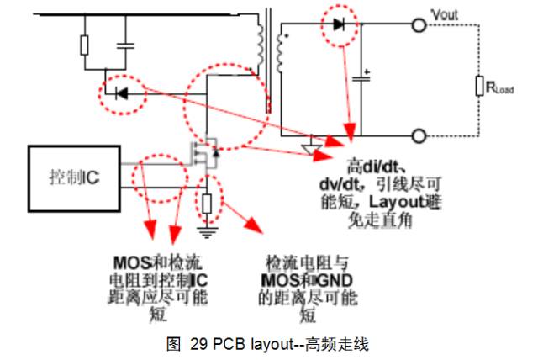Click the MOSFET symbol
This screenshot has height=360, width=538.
coord(205,156)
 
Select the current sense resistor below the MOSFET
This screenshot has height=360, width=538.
coord(207,202)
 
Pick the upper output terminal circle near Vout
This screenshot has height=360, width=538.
coord(418,25)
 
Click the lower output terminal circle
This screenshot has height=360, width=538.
coord(418,135)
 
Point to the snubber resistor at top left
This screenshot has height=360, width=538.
coord(85,45)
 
